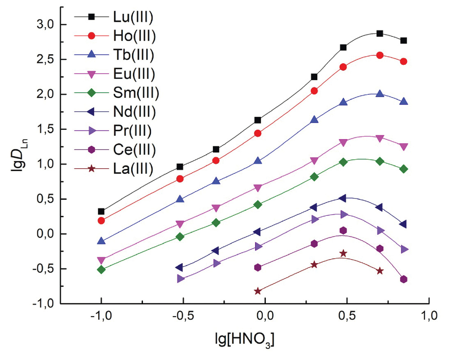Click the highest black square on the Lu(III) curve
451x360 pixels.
pyautogui.click(x=380, y=34)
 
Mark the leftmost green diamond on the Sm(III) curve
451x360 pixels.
pyautogui.click(x=101, y=269)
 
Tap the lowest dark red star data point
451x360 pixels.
pyautogui.click(x=258, y=291)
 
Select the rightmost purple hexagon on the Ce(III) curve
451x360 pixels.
pyautogui.click(x=403, y=279)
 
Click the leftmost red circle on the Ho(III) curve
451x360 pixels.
pyautogui.click(x=101, y=220)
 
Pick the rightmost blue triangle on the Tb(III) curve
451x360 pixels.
pyautogui.click(x=403, y=102)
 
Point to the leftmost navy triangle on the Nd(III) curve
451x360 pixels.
pyautogui.click(x=179, y=267)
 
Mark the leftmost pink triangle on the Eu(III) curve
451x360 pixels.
pyautogui.click(x=101, y=260)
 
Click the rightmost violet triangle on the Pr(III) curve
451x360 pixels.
pyautogui.click(x=403, y=249)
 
